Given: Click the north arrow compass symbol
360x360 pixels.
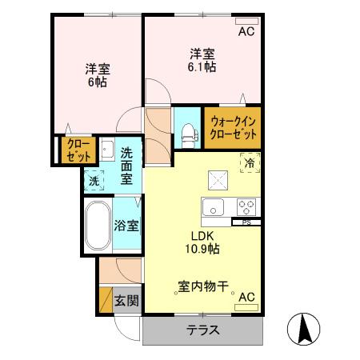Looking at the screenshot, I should coord(304,329).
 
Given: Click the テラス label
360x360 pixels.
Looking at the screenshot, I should coord(203,330).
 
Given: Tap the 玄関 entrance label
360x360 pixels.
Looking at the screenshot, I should coord(126,301).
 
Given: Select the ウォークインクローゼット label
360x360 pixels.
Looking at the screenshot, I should coord(232,129).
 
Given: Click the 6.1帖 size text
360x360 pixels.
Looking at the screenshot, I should coord(202,69).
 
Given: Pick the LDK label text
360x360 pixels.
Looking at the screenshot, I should coord(202,235).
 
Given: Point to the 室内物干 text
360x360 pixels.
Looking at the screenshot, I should coord(203,285).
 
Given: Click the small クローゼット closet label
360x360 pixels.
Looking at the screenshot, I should coord(78,150).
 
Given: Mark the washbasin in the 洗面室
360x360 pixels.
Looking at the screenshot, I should coord(106,150).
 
